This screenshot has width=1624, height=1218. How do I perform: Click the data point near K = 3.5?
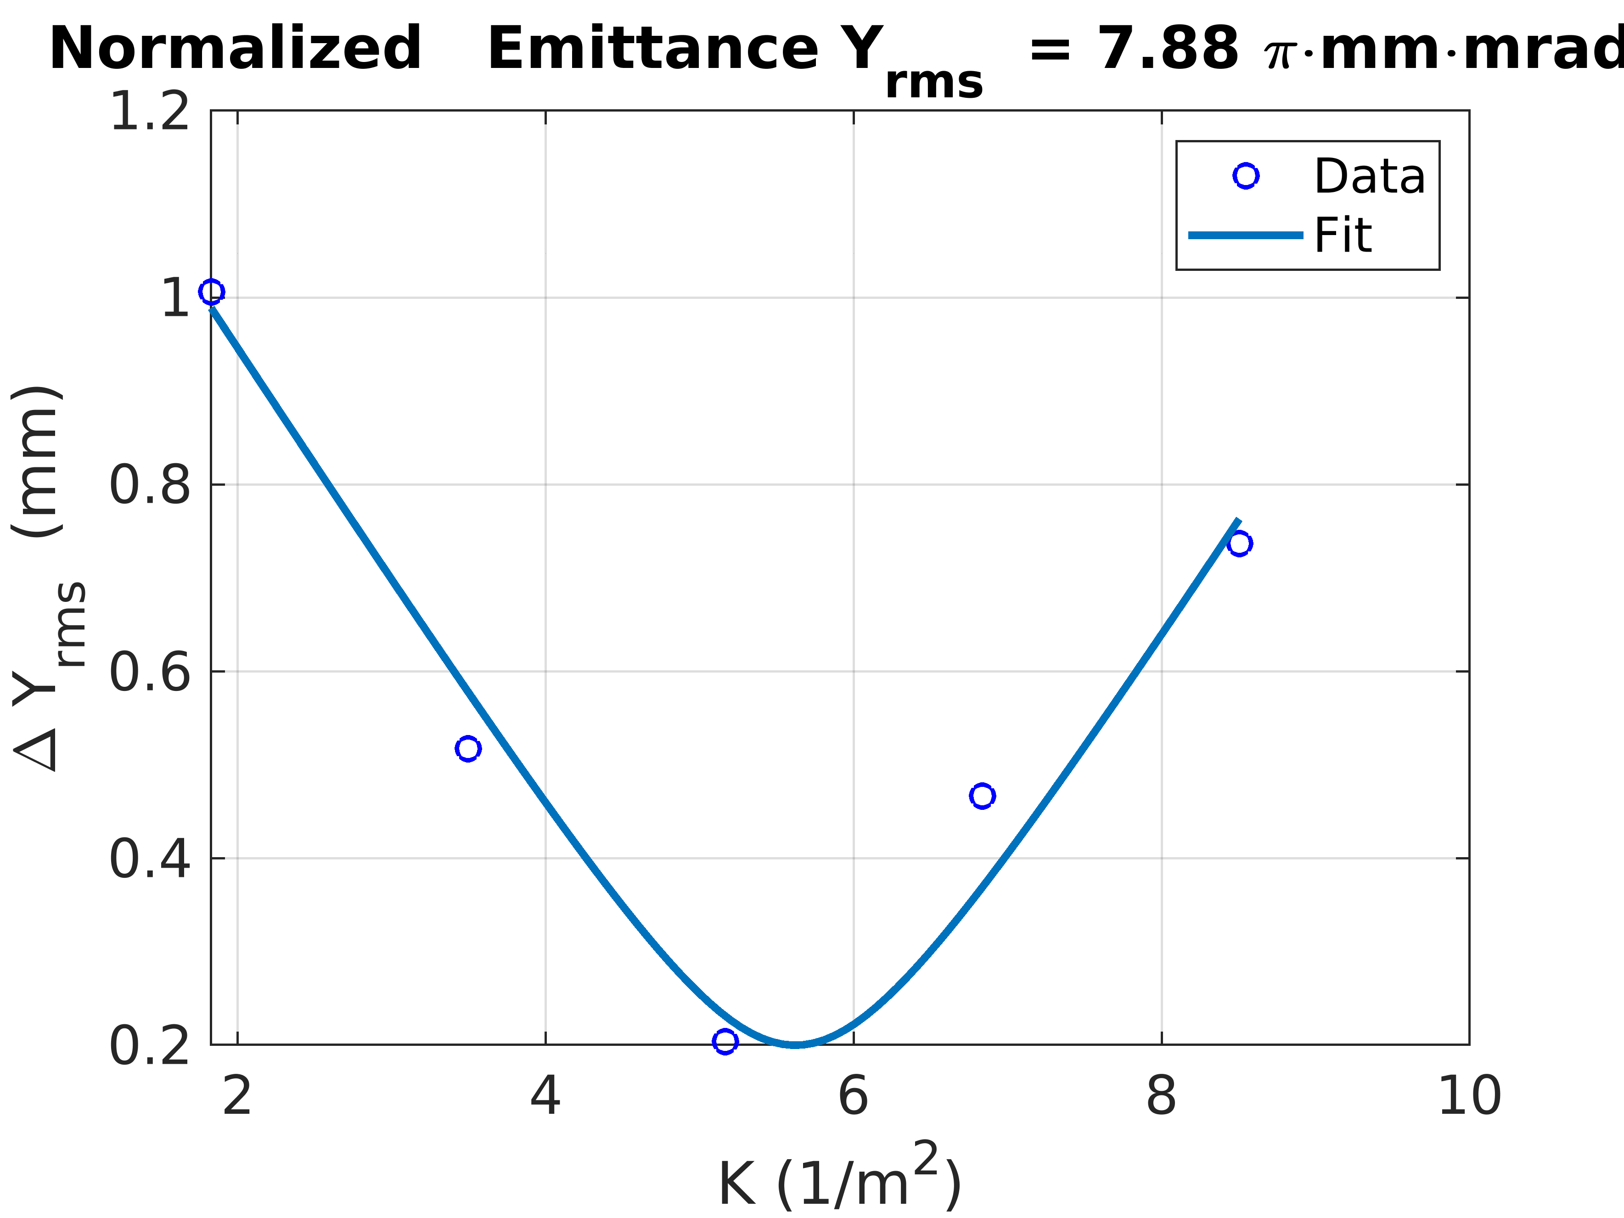pyautogui.click(x=468, y=748)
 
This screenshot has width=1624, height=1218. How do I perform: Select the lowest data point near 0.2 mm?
pyautogui.click(x=725, y=1041)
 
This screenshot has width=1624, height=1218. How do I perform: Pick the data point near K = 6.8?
pyautogui.click(x=982, y=796)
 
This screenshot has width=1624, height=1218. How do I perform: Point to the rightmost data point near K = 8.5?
pyautogui.click(x=1239, y=543)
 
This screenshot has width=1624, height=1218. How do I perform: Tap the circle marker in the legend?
pyautogui.click(x=1246, y=175)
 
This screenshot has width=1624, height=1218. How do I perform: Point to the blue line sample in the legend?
pyautogui.click(x=1246, y=235)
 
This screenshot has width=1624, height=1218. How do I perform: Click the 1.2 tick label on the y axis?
pyautogui.click(x=150, y=112)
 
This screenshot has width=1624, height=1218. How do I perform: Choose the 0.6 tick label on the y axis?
pyautogui.click(x=150, y=672)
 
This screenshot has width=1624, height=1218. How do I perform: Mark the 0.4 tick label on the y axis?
pyautogui.click(x=150, y=858)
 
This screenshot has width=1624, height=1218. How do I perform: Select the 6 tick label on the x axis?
pyautogui.click(x=853, y=1096)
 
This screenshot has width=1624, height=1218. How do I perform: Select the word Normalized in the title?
pyautogui.click(x=235, y=49)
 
